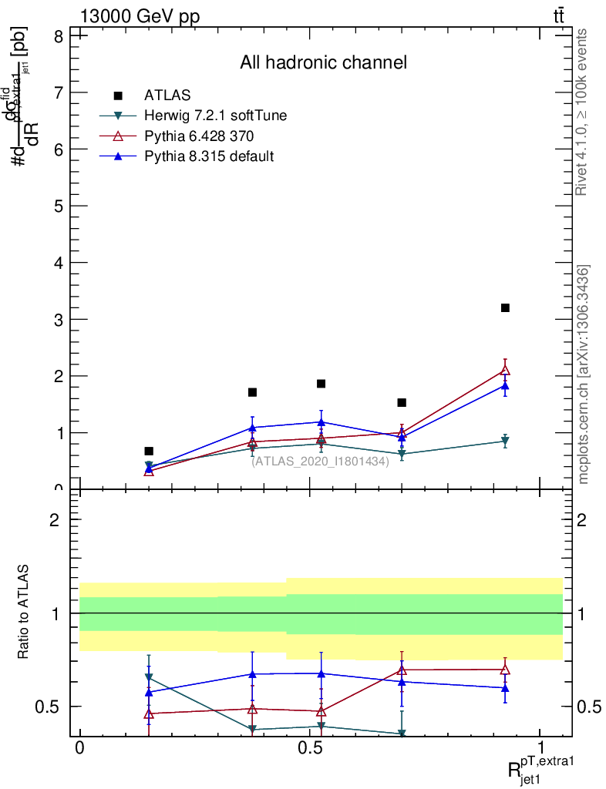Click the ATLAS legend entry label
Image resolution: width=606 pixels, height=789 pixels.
tap(167, 96)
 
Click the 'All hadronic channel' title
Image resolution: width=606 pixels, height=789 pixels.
tap(323, 62)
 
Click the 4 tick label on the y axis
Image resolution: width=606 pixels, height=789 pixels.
tap(59, 263)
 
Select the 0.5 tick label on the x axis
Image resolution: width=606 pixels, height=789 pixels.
tap(310, 748)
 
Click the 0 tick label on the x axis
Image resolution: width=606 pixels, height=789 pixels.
tap(79, 748)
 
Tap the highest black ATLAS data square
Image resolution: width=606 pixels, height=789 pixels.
tap(505, 308)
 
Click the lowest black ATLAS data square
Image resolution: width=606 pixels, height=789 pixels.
tap(149, 451)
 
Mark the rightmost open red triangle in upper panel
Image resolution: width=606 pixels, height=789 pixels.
tap(505, 370)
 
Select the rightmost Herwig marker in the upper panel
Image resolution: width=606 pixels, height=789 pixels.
tap(505, 442)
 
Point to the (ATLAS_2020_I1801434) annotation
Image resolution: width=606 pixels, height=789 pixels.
tap(320, 461)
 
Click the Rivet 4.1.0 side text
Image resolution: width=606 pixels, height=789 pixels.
tap(582, 112)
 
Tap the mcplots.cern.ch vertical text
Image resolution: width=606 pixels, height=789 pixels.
tap(584, 374)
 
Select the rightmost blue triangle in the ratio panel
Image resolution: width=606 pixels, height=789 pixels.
tap(505, 687)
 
